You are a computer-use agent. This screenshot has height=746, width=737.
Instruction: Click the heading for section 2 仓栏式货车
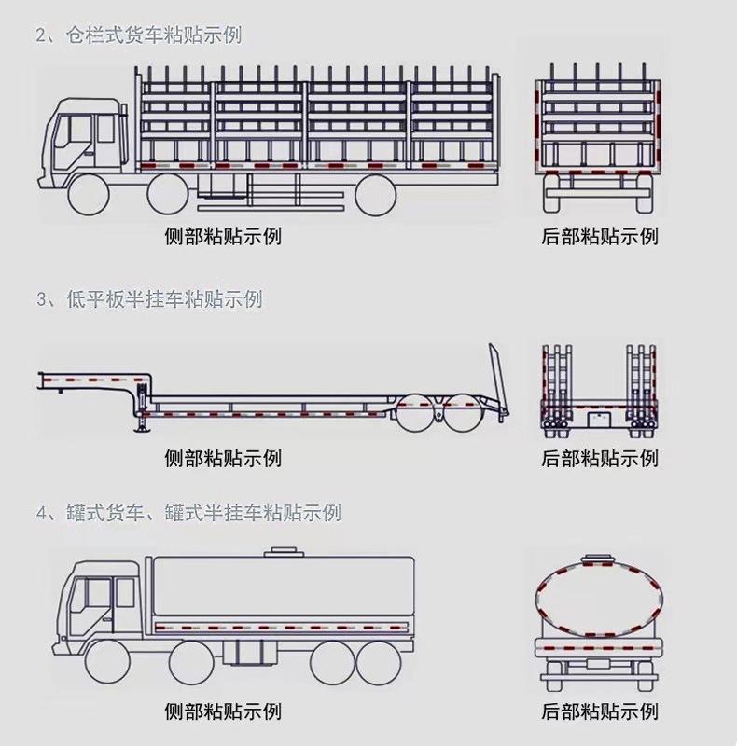140,36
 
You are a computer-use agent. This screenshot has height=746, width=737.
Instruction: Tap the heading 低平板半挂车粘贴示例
150,299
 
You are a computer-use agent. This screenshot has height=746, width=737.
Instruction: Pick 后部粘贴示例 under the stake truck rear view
600,235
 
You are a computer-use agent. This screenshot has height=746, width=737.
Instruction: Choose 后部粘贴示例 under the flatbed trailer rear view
600,458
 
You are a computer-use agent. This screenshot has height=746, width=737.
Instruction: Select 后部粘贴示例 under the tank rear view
600,711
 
